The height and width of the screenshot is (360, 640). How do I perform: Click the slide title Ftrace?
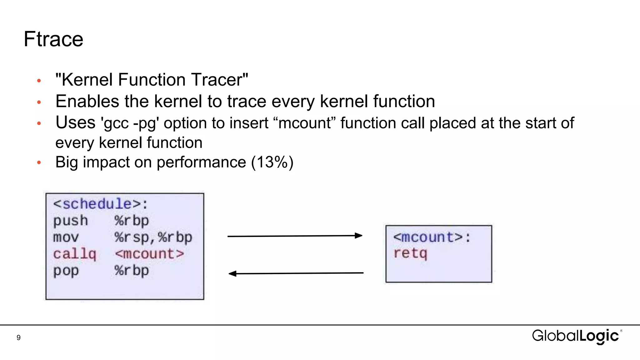[53, 39]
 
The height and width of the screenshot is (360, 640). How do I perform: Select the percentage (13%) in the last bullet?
[272, 162]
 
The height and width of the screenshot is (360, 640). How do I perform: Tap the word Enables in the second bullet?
[87, 102]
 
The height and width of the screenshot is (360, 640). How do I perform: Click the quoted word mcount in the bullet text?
[304, 123]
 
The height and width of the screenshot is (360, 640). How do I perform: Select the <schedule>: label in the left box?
[100, 204]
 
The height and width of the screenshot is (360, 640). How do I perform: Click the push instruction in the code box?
[70, 221]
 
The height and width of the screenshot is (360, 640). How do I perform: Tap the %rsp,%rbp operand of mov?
[153, 237]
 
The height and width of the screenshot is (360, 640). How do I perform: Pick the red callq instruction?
[74, 254]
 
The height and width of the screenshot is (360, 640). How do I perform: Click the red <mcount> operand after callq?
[149, 254]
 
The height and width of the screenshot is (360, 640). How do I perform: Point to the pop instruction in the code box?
[66, 271]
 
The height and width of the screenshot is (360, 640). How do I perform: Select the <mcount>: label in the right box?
[432, 237]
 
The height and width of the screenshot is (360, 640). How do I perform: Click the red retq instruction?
[410, 253]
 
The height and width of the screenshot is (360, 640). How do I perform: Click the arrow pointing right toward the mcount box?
[295, 236]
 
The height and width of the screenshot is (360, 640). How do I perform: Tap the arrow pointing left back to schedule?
[296, 273]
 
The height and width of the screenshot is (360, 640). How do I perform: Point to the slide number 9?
[19, 338]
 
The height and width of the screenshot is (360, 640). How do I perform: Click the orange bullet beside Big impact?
[39, 162]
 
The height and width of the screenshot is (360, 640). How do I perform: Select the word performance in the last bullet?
[201, 162]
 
